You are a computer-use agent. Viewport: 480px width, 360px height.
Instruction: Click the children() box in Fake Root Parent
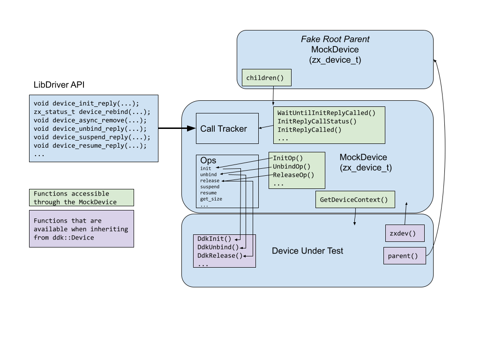(266, 78)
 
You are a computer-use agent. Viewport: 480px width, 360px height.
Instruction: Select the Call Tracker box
(227, 128)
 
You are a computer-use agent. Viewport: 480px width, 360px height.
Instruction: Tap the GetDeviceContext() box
(354, 200)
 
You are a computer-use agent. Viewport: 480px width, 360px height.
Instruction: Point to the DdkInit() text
(214, 239)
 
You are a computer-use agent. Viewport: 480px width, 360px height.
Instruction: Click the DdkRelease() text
(220, 255)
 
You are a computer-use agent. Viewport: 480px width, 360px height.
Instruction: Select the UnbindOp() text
(292, 166)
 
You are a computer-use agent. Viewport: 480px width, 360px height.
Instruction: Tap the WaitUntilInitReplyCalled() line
(326, 113)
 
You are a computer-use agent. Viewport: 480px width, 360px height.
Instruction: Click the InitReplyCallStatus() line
(317, 121)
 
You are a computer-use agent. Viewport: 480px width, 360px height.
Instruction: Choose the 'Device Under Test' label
(307, 251)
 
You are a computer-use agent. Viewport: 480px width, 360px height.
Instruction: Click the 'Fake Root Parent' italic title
(335, 39)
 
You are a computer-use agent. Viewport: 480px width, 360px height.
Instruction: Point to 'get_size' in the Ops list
(211, 199)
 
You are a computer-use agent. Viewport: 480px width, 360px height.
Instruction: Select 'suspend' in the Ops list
(210, 187)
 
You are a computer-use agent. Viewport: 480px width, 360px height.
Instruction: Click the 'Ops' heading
(208, 160)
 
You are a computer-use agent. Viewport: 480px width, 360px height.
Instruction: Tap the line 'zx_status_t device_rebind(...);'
(92, 112)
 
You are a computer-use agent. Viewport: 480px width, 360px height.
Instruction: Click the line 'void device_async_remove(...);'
(90, 120)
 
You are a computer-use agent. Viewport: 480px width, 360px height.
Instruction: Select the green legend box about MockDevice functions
(81, 198)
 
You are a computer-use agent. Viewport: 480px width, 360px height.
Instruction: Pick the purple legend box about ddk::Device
(81, 229)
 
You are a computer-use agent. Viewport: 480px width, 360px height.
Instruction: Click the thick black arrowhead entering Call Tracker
(191, 128)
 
